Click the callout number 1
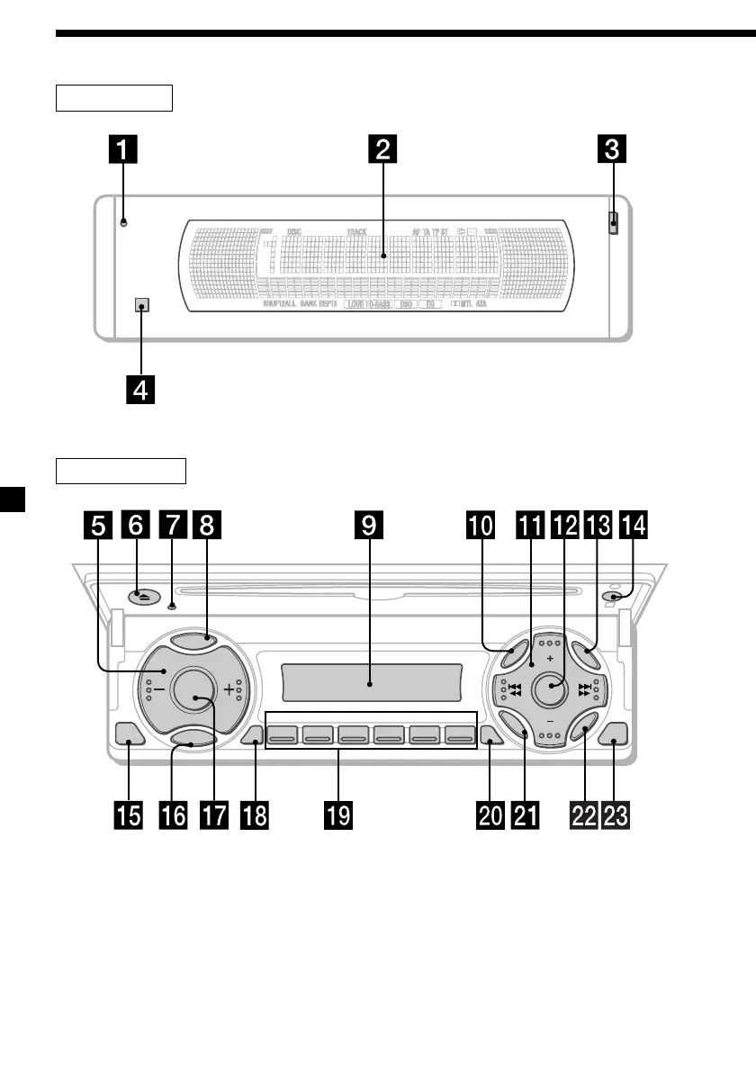(x=124, y=151)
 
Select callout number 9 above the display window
(x=370, y=526)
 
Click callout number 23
(x=616, y=815)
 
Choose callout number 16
(x=173, y=815)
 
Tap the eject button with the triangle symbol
(x=135, y=595)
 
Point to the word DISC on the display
(x=294, y=231)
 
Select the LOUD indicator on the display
(x=354, y=305)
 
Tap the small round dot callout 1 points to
(x=124, y=221)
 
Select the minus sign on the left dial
(x=158, y=689)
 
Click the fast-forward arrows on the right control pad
(x=585, y=689)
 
